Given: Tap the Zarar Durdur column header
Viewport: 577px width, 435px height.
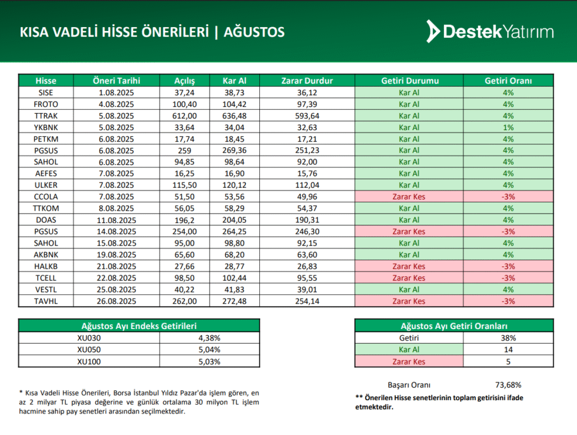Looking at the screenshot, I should (x=307, y=81).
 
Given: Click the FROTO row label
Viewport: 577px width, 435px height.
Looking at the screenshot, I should (x=46, y=104).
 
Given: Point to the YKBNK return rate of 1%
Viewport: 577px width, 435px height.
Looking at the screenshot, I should (x=508, y=127).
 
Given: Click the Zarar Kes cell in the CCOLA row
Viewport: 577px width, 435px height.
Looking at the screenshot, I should (x=409, y=197).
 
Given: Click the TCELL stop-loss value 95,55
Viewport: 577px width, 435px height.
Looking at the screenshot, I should (x=307, y=278).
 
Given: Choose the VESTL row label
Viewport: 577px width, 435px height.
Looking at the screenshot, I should (x=46, y=290).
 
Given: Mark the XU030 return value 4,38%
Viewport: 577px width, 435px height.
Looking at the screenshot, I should (x=209, y=338).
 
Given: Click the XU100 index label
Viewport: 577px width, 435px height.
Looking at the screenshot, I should (x=88, y=362).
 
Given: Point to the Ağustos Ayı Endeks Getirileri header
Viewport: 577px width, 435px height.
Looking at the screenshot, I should (x=139, y=326).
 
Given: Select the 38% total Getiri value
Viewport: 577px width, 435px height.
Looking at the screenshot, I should (x=508, y=338).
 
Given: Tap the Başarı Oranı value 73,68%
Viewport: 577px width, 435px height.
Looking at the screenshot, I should (x=508, y=385).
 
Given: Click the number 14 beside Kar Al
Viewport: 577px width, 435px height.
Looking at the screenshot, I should (x=508, y=350).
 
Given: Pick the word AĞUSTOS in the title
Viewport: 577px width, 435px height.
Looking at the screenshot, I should (x=254, y=32).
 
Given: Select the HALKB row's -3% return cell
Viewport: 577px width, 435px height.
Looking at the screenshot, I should (x=508, y=267).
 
